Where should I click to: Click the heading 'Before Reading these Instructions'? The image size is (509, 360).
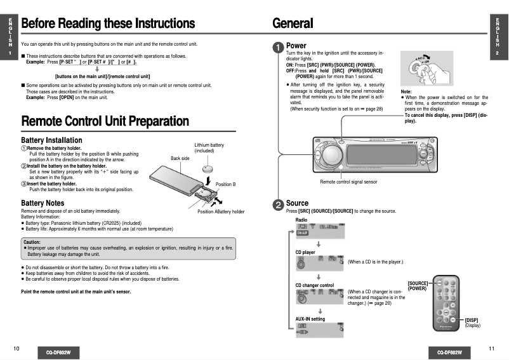click(x=108, y=23)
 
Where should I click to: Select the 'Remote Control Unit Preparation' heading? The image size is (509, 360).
click(x=105, y=121)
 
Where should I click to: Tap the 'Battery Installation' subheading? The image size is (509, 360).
click(x=51, y=140)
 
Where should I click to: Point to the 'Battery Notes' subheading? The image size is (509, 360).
click(x=42, y=203)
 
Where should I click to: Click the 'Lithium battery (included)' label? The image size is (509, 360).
click(x=209, y=148)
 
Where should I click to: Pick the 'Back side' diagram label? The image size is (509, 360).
click(x=180, y=158)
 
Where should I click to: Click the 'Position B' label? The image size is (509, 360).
click(x=225, y=184)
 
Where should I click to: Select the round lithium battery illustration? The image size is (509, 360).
click(x=209, y=169)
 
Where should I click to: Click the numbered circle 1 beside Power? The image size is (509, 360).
click(x=278, y=47)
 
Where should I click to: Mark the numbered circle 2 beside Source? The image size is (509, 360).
click(x=278, y=204)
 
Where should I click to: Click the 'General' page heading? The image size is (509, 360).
click(x=293, y=23)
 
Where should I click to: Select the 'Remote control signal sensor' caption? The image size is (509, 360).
click(x=348, y=182)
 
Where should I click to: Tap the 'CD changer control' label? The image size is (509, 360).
click(x=315, y=285)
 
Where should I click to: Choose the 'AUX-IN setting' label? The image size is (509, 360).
click(x=310, y=319)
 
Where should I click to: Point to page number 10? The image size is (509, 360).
click(x=16, y=349)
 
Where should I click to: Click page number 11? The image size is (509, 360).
click(x=491, y=349)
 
